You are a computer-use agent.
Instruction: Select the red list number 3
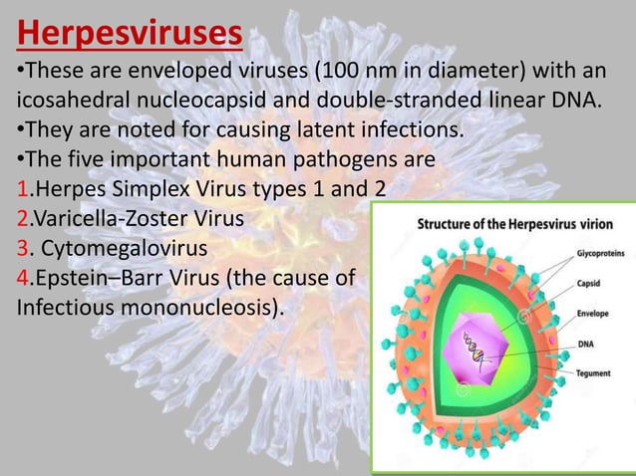click(21, 244)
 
